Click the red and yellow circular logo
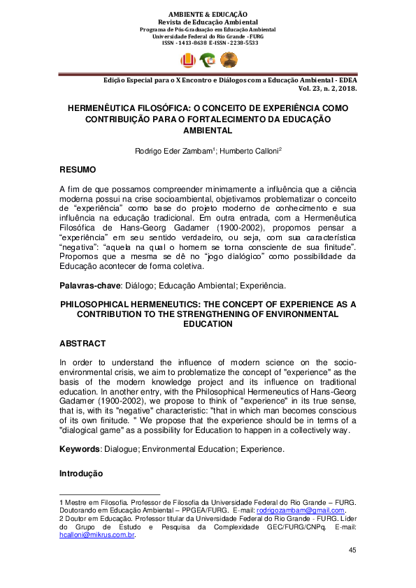189,61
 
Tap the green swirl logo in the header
208,61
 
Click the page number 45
352,550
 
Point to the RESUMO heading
78,170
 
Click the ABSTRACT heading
83,344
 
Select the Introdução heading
81,473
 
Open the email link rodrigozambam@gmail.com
301,510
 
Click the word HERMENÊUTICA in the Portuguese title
103,110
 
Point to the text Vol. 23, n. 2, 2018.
328,89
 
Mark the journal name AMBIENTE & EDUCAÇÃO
208,13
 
